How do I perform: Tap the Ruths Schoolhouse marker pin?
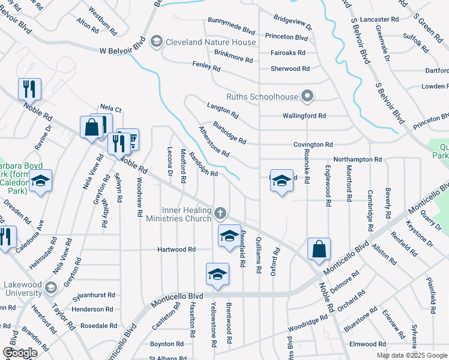307,96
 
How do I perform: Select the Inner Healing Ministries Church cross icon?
221,213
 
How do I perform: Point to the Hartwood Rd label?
176,249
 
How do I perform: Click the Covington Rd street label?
313,145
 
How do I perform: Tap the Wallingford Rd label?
304,115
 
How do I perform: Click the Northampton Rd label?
358,160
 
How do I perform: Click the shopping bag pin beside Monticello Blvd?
319,249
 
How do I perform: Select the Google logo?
20,353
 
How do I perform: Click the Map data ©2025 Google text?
411,355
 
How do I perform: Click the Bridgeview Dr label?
293,23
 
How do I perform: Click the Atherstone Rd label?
214,142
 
